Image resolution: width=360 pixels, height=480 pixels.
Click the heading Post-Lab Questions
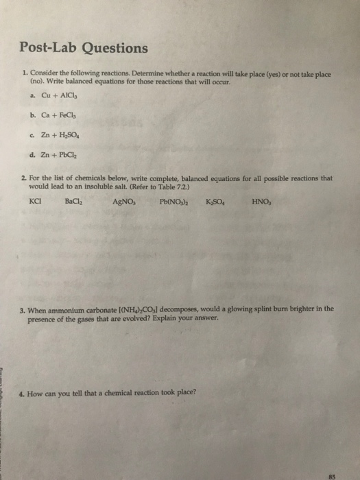83,48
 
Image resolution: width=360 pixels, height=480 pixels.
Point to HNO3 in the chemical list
261,202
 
